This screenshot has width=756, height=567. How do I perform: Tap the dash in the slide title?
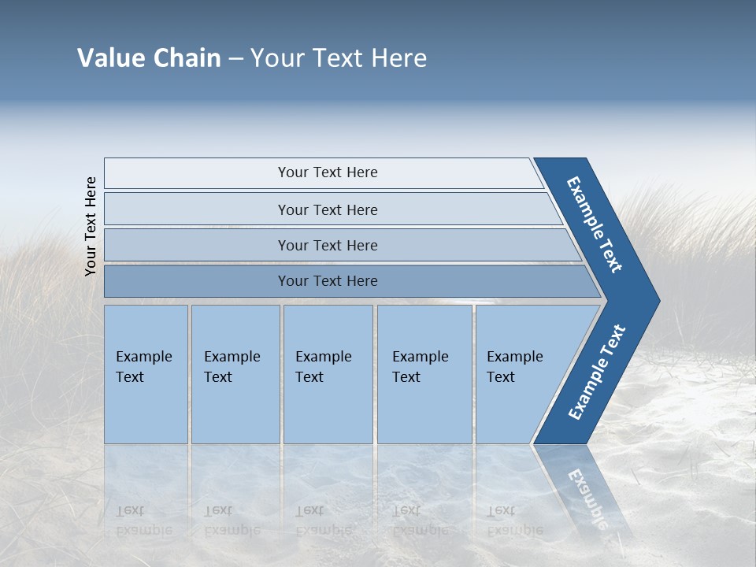coord(235,59)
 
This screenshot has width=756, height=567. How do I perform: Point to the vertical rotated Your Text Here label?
coord(91,226)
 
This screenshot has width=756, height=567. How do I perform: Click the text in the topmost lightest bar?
coord(328,172)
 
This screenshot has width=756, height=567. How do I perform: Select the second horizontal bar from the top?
coord(328,209)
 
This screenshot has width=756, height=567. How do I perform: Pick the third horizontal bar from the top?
coord(328,245)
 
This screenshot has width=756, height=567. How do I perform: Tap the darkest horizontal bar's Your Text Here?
coord(328,281)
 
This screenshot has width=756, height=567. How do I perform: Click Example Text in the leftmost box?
coord(143,367)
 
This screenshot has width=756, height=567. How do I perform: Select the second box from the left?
coord(233,367)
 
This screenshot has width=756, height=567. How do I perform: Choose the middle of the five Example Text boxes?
coord(324,367)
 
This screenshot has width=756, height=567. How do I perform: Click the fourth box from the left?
coord(421,367)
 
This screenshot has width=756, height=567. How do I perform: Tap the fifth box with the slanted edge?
coord(515,367)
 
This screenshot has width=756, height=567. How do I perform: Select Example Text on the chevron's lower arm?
coord(597,372)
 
